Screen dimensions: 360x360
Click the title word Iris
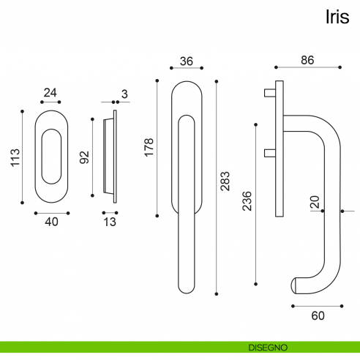(337, 17)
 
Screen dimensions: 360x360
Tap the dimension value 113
(15, 157)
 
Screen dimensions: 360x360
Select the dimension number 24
(50, 93)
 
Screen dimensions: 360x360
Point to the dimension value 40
(52, 222)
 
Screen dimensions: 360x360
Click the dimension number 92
(85, 157)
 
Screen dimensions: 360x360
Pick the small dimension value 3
(124, 94)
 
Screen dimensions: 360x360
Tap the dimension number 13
(110, 222)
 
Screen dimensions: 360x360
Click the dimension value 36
(187, 61)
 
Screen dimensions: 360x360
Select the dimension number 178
(149, 147)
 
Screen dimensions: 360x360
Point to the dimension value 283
(225, 181)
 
